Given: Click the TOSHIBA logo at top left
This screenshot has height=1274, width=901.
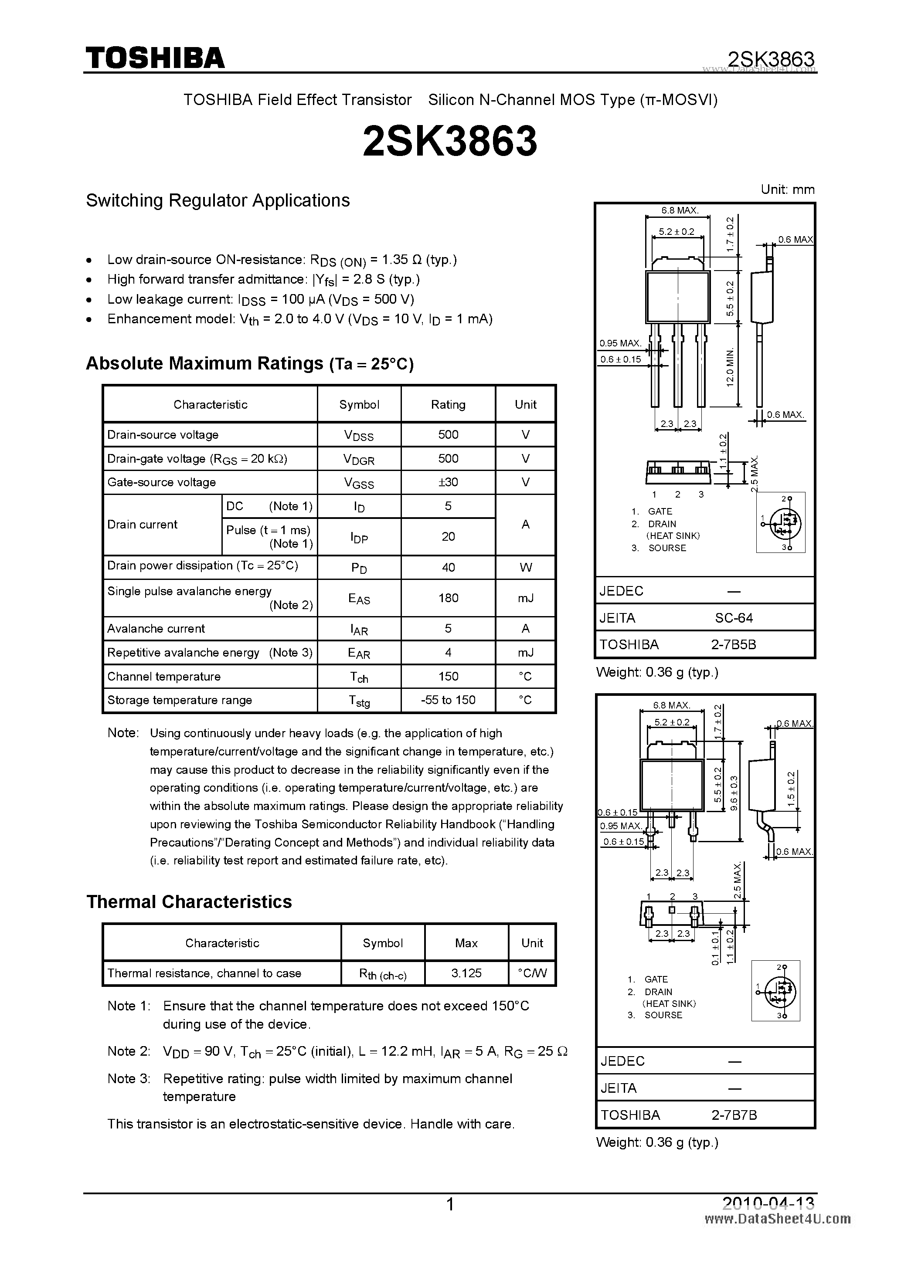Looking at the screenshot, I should click(155, 58).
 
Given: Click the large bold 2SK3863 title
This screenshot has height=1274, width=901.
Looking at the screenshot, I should click(450, 141).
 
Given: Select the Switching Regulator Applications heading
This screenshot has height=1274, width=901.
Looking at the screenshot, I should click(218, 200).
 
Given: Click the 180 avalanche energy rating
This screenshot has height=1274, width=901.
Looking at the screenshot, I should click(448, 598).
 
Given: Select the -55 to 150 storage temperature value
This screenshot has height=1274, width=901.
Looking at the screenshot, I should click(448, 700).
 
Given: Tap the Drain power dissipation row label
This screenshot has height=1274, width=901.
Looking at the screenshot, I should click(203, 566).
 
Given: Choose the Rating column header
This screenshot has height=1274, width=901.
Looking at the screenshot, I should click(448, 404).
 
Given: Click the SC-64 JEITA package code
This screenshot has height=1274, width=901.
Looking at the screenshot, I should click(734, 617).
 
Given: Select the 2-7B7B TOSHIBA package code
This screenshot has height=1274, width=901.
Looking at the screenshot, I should click(734, 1115).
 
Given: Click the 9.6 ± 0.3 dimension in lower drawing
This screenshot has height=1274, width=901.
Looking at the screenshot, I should click(734, 793).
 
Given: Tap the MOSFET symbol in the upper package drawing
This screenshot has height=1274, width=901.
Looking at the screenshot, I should click(782, 522).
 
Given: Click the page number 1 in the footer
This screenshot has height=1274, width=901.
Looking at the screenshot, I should click(450, 1205).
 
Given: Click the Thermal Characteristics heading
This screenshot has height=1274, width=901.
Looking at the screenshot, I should click(189, 901).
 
